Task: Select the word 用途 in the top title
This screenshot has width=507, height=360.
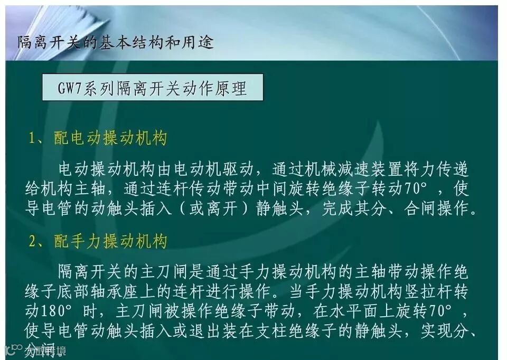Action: point(200,42)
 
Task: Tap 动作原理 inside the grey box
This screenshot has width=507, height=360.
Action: point(218,88)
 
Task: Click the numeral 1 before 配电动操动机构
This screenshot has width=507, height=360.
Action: point(33,139)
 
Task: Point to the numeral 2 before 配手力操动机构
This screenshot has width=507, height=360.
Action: point(33,242)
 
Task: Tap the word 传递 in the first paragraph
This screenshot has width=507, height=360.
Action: point(454,170)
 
